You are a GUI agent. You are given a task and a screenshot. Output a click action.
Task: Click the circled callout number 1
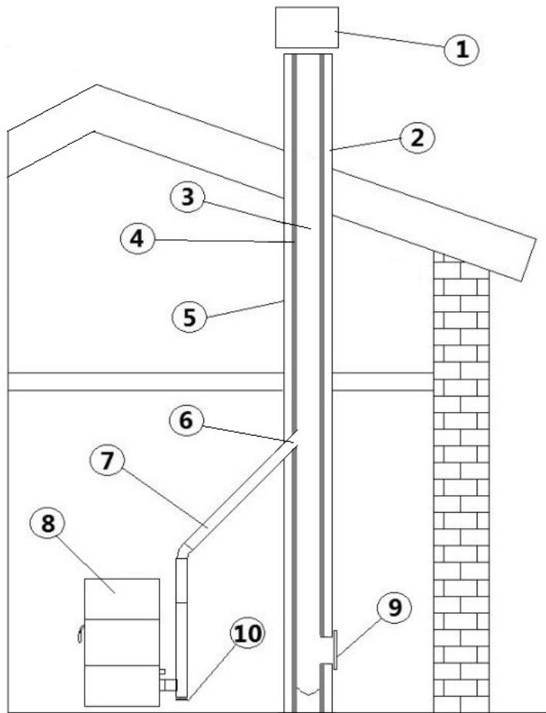pos(461,49)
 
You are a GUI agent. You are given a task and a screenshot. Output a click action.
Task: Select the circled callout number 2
pos(417,138)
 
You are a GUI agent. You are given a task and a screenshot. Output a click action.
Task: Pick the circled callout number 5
pos(189,317)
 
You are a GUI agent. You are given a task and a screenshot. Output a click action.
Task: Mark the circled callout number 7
pos(110,462)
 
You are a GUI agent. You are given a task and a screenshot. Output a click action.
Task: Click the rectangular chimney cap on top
pos(306,27)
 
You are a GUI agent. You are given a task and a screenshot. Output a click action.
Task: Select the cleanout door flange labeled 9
pos(334,649)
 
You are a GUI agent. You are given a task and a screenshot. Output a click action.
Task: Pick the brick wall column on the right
pos(461,485)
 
